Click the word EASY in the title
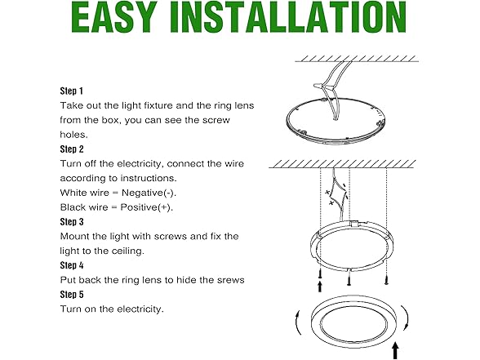click(x=114, y=17)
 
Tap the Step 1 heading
click(x=71, y=91)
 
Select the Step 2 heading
click(x=72, y=149)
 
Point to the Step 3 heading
click(x=72, y=222)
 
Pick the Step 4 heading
click(x=72, y=265)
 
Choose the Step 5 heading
click(x=72, y=295)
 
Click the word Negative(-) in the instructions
click(x=149, y=193)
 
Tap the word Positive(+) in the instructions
click(x=147, y=207)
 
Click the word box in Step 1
click(x=109, y=120)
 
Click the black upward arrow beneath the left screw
click(x=320, y=287)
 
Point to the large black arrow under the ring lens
click(x=395, y=350)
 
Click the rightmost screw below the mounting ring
click(x=387, y=279)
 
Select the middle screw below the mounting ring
click(x=349, y=280)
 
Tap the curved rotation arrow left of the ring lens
click(x=297, y=323)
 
